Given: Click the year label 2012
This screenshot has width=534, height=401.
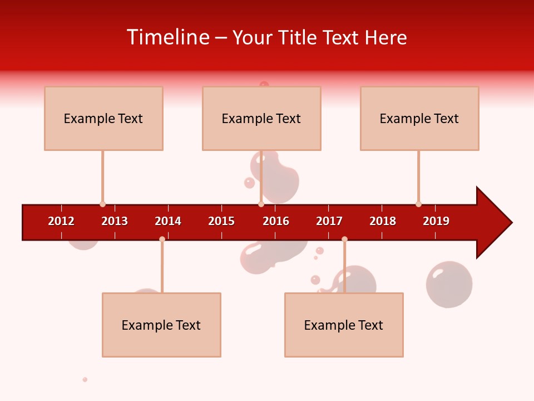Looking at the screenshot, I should point(61,221).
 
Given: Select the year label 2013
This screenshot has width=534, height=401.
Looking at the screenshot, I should point(115,221).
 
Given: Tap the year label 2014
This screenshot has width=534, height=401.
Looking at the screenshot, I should point(168,221).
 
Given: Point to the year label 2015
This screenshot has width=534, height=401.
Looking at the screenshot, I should point(221,221).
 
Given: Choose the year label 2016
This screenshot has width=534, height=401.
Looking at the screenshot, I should point(276,221).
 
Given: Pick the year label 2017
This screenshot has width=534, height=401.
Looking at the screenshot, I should point(329,221).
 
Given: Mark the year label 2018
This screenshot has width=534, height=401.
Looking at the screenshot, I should point(383,221).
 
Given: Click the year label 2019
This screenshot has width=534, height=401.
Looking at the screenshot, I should point(436,221).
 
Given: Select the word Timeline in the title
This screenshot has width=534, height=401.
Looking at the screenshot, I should point(167,37).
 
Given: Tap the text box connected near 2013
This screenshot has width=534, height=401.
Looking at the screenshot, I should point(103,118).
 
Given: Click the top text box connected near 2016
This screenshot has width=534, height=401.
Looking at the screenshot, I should point(261,118).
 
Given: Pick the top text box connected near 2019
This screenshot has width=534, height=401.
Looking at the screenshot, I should point(419,118).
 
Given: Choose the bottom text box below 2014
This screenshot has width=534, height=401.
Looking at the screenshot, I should point(161,325).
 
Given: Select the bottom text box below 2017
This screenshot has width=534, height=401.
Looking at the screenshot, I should point(344,325).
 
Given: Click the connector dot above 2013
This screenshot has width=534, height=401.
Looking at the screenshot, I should point(102,204).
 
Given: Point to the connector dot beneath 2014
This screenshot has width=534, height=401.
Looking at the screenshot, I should point(162,239).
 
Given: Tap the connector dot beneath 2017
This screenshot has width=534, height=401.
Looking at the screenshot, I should point(344,239).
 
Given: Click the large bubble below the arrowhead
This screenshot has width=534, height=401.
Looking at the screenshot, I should point(449,284).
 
